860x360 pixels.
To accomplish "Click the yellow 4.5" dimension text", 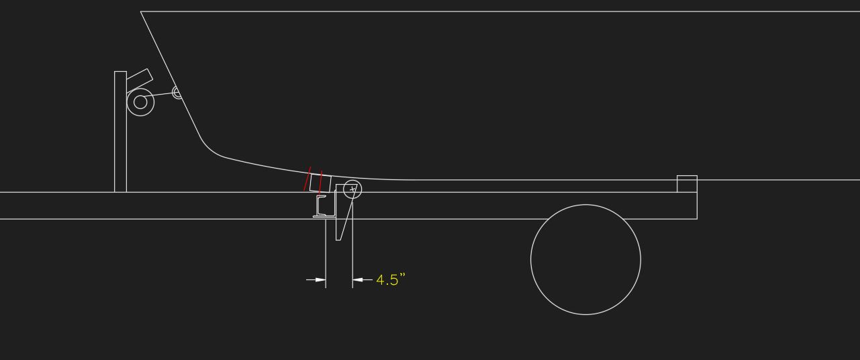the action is coord(391,279).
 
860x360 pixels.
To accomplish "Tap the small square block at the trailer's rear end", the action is coord(687,183).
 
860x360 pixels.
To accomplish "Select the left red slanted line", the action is coord(307,179).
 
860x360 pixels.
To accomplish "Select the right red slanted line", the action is coord(320,182).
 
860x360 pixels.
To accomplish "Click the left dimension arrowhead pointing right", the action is coord(321,279).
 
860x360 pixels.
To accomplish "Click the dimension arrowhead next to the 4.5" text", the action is coord(358,279).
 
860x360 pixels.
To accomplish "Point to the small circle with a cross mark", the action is coord(352,189).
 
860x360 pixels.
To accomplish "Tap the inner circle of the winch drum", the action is coord(140,102).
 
